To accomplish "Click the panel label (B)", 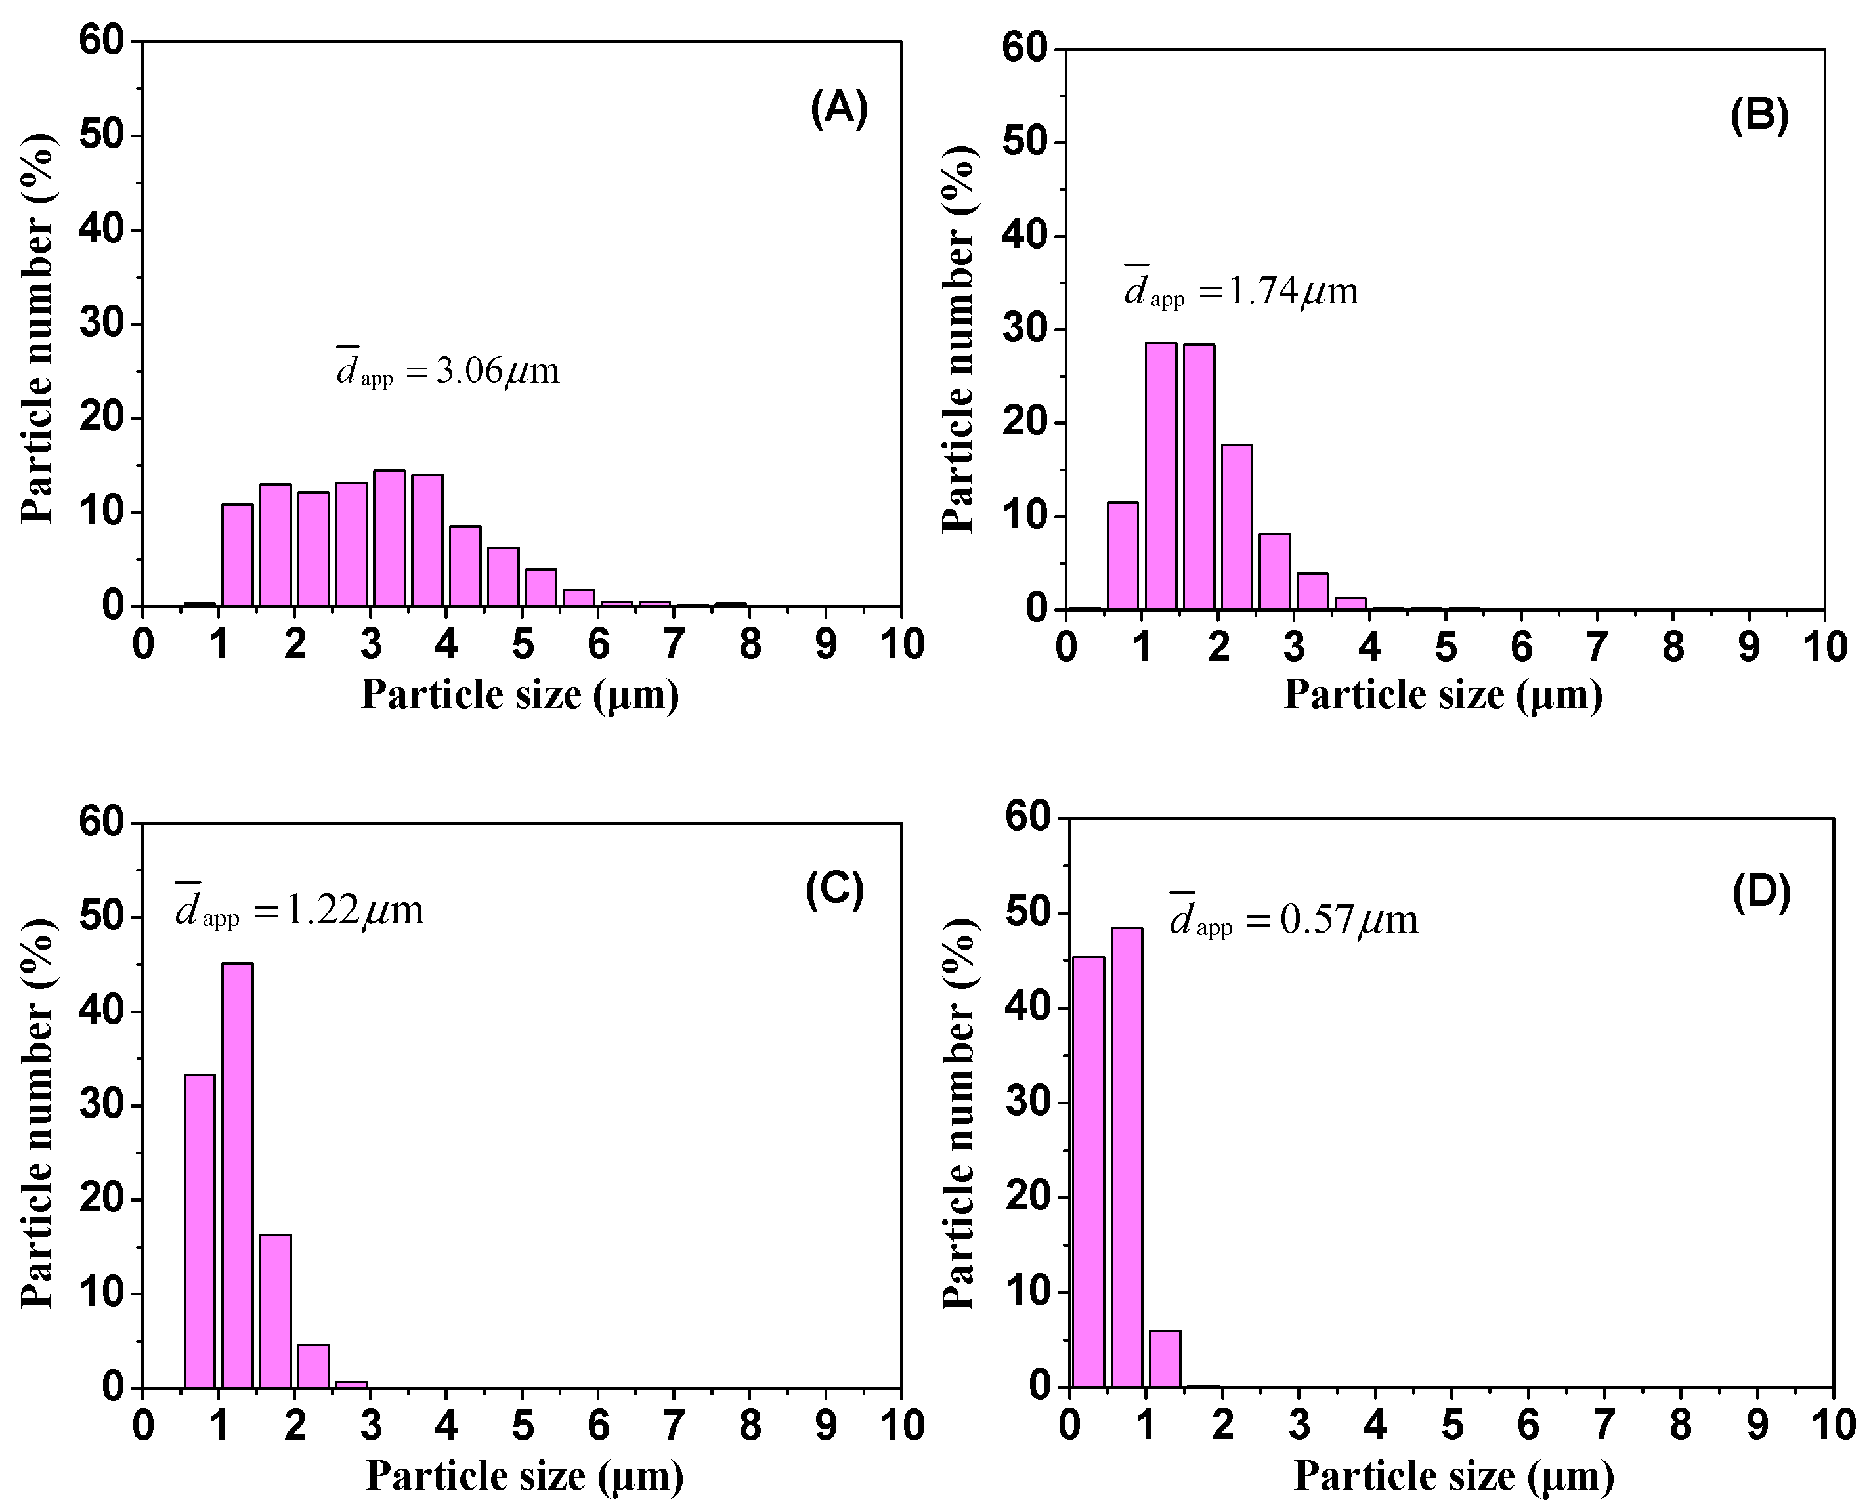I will click(x=1759, y=116).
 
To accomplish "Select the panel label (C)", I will click(x=834, y=889).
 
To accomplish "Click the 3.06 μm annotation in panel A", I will click(x=448, y=369).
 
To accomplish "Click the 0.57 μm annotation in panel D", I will click(x=1293, y=919).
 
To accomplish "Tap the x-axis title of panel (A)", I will click(x=520, y=695).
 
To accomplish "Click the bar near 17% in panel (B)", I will click(x=1236, y=527).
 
